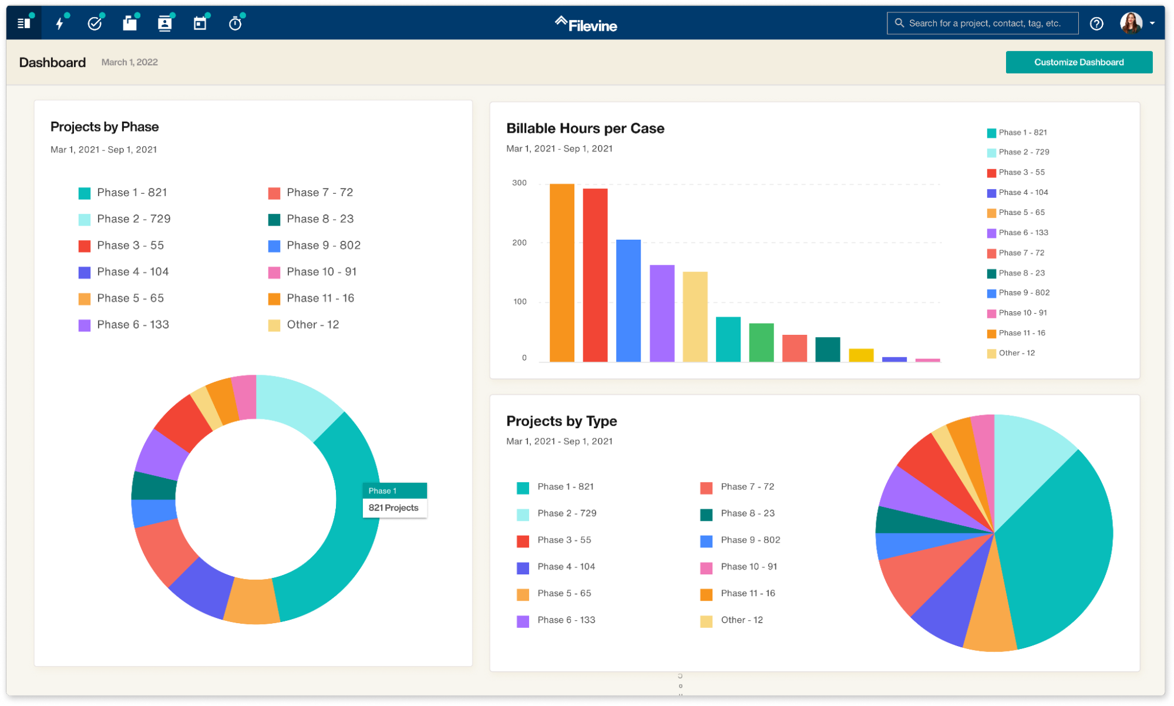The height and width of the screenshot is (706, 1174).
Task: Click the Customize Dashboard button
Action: [1078, 62]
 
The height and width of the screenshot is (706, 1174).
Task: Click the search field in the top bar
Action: [984, 23]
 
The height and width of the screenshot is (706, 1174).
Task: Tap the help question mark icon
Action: [1096, 23]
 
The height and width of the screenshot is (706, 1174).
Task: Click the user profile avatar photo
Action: [1130, 23]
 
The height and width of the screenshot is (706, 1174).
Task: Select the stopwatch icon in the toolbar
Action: [235, 23]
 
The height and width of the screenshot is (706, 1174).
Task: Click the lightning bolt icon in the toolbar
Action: [59, 23]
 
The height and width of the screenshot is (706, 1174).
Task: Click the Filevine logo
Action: [586, 25]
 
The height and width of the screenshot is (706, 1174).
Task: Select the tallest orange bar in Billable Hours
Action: [561, 273]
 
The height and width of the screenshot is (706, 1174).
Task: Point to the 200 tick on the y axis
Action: [519, 243]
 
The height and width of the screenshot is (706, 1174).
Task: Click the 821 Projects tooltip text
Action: [393, 508]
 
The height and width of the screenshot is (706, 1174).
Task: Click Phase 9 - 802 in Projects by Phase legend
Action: [323, 246]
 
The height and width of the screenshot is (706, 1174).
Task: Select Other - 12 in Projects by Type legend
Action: [741, 620]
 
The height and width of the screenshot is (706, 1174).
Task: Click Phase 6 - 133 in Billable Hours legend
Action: [1023, 233]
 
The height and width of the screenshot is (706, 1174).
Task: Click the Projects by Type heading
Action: [561, 421]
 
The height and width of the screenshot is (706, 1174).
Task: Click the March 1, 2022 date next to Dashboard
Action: [129, 62]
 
